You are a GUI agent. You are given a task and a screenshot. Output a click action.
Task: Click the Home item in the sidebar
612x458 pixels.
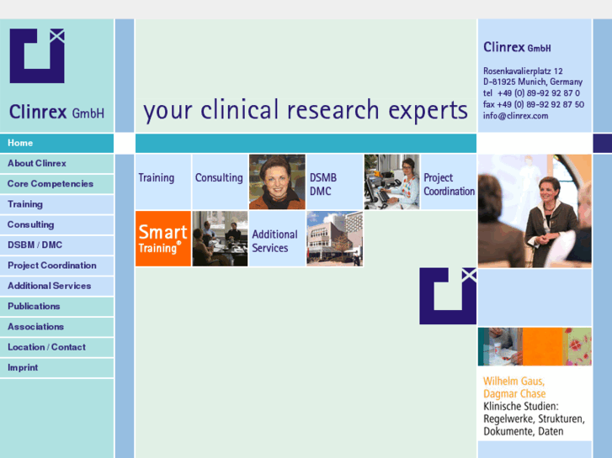[x=21, y=143]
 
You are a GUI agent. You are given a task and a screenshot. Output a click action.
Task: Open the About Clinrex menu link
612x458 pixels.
[x=37, y=163]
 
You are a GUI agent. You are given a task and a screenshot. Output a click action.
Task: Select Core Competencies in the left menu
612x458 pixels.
[x=51, y=183]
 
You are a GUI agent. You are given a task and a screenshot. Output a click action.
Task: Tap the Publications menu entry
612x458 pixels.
[x=34, y=306]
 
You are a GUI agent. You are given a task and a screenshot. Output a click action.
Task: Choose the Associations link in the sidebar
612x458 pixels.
[x=35, y=326]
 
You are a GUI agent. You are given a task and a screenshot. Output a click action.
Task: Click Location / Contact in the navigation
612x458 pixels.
[x=46, y=347]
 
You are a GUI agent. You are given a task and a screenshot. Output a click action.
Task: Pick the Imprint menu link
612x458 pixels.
[x=23, y=367]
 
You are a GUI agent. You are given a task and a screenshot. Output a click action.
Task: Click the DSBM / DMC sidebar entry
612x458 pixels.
[x=35, y=245]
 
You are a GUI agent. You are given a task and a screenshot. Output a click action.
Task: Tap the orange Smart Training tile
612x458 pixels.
[x=163, y=239]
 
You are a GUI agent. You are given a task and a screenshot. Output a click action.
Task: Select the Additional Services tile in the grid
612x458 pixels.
[x=275, y=240]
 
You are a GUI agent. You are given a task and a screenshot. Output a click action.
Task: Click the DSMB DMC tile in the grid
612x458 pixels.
[x=334, y=182]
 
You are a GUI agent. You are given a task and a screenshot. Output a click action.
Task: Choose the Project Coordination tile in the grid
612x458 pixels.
[x=449, y=182]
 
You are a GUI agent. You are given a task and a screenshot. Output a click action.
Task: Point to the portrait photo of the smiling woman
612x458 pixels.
[x=277, y=182]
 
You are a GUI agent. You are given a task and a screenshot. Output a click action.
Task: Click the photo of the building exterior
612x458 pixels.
[x=334, y=239]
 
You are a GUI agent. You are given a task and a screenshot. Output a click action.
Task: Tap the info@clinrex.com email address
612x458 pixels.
[x=515, y=116]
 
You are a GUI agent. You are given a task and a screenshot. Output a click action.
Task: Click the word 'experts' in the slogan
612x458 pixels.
[x=428, y=110]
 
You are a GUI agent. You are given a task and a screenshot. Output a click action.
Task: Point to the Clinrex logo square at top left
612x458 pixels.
[x=37, y=55]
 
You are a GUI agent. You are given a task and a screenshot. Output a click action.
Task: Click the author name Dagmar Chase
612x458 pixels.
[x=514, y=393]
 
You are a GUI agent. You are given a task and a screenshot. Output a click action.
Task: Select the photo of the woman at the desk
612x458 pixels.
[x=391, y=182]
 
